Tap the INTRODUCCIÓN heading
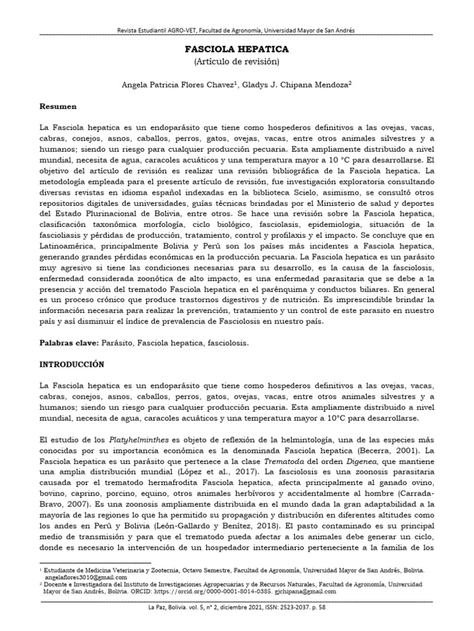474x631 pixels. pos(72,364)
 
